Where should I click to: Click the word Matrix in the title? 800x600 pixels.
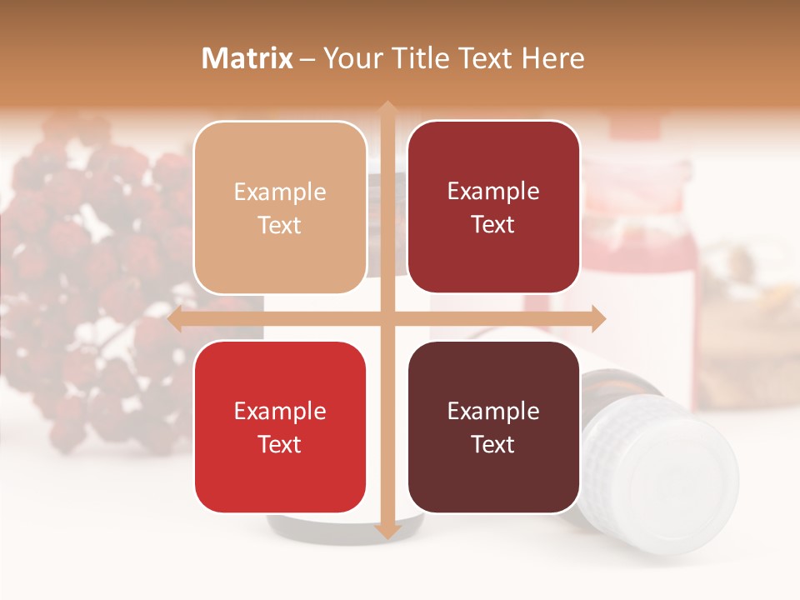[x=247, y=58]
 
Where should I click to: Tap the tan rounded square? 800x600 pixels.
[x=280, y=207]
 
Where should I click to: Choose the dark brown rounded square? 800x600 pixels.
[x=493, y=427]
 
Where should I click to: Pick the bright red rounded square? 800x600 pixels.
[x=280, y=427]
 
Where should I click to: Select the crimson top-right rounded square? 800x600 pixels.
[x=493, y=207]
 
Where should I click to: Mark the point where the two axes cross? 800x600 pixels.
[x=387, y=319]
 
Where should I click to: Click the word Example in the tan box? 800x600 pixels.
[x=280, y=192]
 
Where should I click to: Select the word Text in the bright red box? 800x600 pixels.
[x=280, y=444]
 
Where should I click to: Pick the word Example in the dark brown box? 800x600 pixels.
[x=493, y=411]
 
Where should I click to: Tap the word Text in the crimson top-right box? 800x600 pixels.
[x=493, y=225]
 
